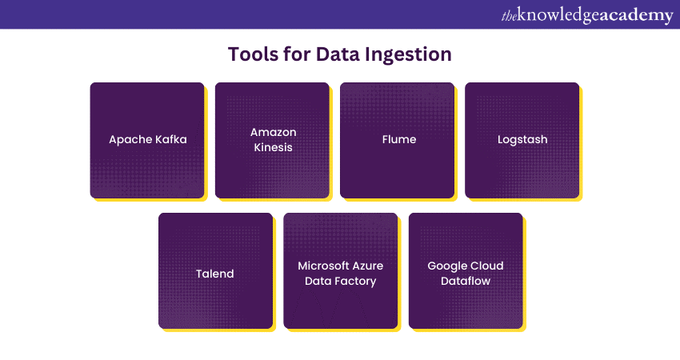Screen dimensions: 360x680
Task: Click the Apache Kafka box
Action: [x=147, y=140]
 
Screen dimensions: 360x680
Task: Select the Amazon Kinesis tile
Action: [x=272, y=140]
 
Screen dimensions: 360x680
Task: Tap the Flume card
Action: [x=398, y=140]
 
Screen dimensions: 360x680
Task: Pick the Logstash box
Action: [x=522, y=140]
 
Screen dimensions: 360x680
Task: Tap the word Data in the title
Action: [x=334, y=54]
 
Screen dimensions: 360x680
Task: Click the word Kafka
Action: [x=169, y=139]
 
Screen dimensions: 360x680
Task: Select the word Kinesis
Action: [x=272, y=147]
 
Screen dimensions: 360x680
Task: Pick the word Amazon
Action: [x=273, y=132]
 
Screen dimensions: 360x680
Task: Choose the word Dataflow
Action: [x=466, y=281]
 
